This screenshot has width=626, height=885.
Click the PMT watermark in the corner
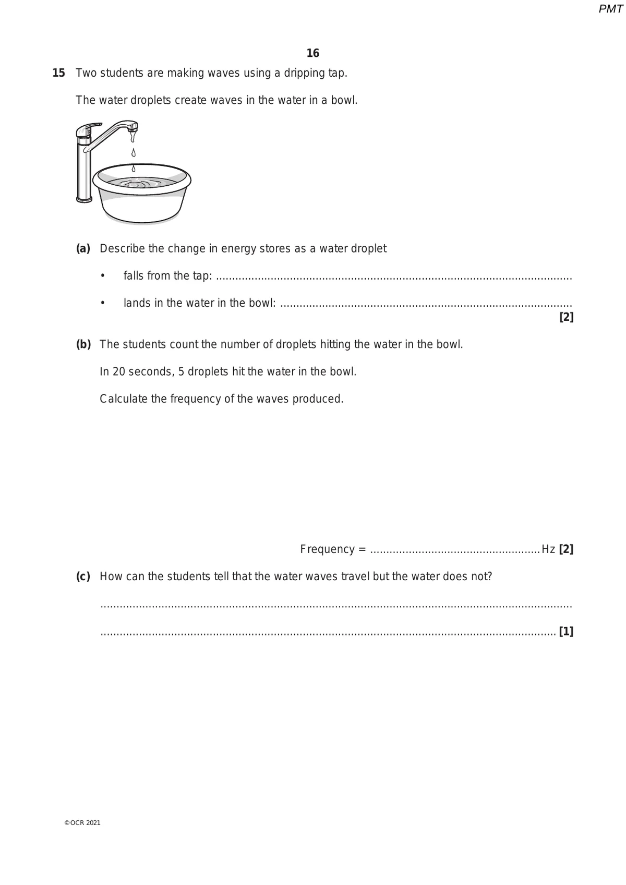pyautogui.click(x=610, y=9)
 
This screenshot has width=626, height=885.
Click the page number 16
pyautogui.click(x=313, y=53)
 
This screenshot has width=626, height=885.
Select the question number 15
pyautogui.click(x=59, y=73)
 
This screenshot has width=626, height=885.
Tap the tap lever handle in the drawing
pyautogui.click(x=88, y=129)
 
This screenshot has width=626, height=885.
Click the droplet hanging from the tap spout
pyautogui.click(x=134, y=137)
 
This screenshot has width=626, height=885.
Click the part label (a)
pyautogui.click(x=83, y=248)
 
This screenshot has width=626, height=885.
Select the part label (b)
pyautogui.click(x=83, y=344)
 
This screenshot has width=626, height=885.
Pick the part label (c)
pyautogui.click(x=83, y=577)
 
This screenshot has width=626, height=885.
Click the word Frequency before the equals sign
pyautogui.click(x=327, y=549)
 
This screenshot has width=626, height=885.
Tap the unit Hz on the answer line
pyautogui.click(x=548, y=549)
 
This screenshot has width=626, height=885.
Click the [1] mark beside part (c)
pyautogui.click(x=566, y=632)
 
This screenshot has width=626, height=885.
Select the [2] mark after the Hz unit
pyautogui.click(x=566, y=549)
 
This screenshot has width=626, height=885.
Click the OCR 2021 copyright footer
pyautogui.click(x=82, y=823)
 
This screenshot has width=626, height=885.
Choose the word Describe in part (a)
pyautogui.click(x=122, y=248)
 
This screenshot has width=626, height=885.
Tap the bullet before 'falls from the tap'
pyautogui.click(x=103, y=276)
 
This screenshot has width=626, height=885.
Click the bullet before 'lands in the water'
pyautogui.click(x=103, y=303)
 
